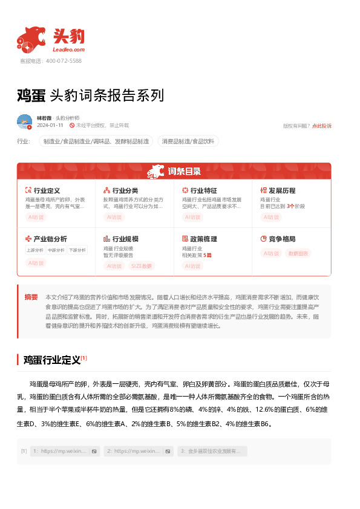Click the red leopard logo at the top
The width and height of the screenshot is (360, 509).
pos(30,39)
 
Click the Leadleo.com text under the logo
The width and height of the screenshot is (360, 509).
pos(68,50)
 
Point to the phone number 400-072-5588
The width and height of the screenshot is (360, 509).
pos(59,61)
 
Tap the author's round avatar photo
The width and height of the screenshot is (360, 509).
pos(25,122)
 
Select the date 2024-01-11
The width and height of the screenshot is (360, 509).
pos(50,125)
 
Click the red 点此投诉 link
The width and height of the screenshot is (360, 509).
pos(321,126)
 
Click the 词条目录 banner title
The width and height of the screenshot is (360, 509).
pos(184,172)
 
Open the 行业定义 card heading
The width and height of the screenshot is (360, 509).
pos(47,190)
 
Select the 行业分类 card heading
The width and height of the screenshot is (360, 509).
pos(125,190)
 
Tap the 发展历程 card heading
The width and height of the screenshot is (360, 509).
pos(282,190)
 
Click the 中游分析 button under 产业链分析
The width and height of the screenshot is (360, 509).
pos(55,250)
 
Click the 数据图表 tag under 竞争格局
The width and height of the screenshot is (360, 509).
pos(298,253)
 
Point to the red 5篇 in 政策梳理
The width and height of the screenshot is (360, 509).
pos(208,255)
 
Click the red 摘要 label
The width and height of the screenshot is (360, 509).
pos(31,297)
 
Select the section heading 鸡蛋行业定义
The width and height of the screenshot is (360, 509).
pos(51,360)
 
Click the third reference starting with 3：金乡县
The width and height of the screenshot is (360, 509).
pos(212,451)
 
